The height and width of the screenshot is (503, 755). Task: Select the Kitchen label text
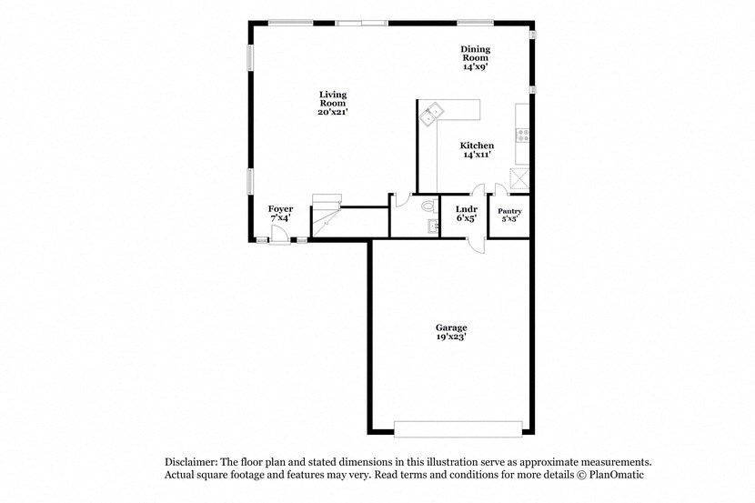pos(477,146)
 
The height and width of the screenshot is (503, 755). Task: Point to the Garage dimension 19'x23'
pos(451,337)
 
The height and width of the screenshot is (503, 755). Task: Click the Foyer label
pos(280,209)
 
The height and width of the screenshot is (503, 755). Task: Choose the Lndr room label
pos(466,209)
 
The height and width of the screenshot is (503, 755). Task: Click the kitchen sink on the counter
pos(430,113)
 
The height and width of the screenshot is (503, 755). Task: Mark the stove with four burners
pos(523,136)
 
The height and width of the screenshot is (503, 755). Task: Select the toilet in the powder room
pos(428,206)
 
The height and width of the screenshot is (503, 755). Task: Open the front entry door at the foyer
pos(283,236)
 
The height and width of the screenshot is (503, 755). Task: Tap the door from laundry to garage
pos(474,242)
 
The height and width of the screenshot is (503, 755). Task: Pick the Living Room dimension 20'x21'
pos(332,112)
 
